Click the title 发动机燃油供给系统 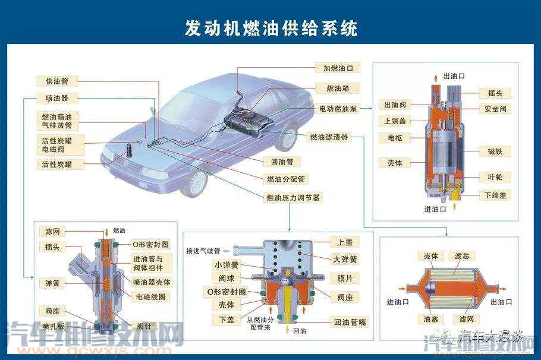(271, 28)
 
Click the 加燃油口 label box (337, 68)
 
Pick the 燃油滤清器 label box (329, 137)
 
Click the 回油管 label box (282, 162)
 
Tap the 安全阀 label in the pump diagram (495, 109)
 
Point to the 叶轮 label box (495, 178)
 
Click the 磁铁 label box (495, 151)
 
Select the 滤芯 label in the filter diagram (462, 256)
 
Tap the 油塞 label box (431, 319)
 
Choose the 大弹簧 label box (345, 259)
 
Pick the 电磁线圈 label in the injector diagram (150, 296)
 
